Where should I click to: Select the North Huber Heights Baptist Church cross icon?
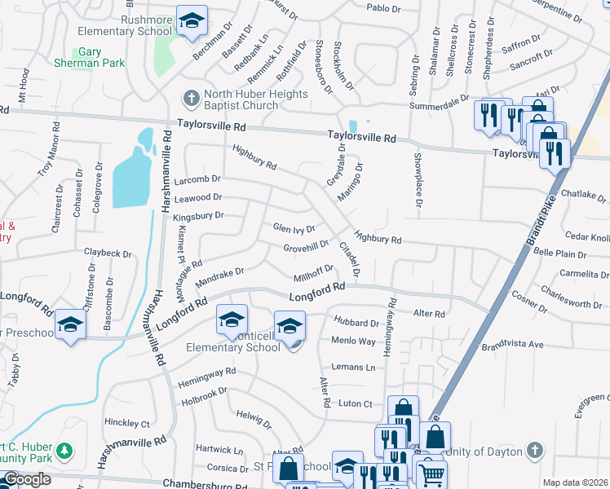[191, 99]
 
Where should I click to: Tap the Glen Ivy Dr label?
[294, 229]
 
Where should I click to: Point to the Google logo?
[26, 479]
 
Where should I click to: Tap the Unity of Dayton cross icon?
[533, 450]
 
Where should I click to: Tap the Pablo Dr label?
[384, 8]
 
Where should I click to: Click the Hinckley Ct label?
[127, 424]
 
